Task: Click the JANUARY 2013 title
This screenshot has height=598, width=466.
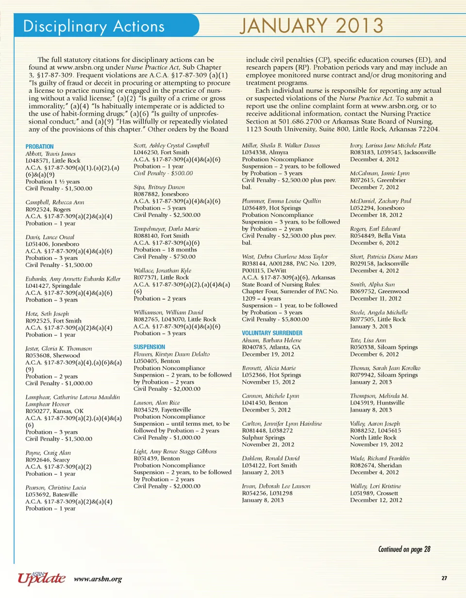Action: click(x=311, y=25)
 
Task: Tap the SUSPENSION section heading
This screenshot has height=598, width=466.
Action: click(x=150, y=347)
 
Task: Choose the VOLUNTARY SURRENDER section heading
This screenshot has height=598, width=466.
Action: click(x=272, y=332)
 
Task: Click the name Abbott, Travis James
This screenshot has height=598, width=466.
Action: click(x=48, y=153)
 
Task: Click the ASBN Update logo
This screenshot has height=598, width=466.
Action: click(x=41, y=578)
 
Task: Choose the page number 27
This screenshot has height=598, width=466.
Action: click(x=444, y=578)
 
